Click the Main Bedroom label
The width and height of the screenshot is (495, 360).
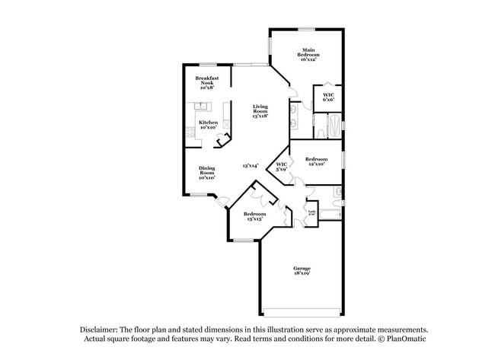(308, 53)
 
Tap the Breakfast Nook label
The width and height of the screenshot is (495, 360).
(208, 81)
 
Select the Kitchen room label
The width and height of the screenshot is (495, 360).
(208, 124)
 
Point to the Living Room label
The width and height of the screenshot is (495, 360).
(260, 111)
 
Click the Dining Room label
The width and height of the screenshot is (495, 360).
(207, 172)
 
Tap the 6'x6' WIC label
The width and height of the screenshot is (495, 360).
(328, 97)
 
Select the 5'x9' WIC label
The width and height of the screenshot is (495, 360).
(282, 166)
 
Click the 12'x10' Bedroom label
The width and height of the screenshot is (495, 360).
(316, 161)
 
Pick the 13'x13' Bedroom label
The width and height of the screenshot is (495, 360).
(254, 216)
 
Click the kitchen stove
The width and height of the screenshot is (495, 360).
(190, 134)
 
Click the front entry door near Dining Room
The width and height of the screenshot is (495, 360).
(222, 202)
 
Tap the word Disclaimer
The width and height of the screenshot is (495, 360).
(98, 329)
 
